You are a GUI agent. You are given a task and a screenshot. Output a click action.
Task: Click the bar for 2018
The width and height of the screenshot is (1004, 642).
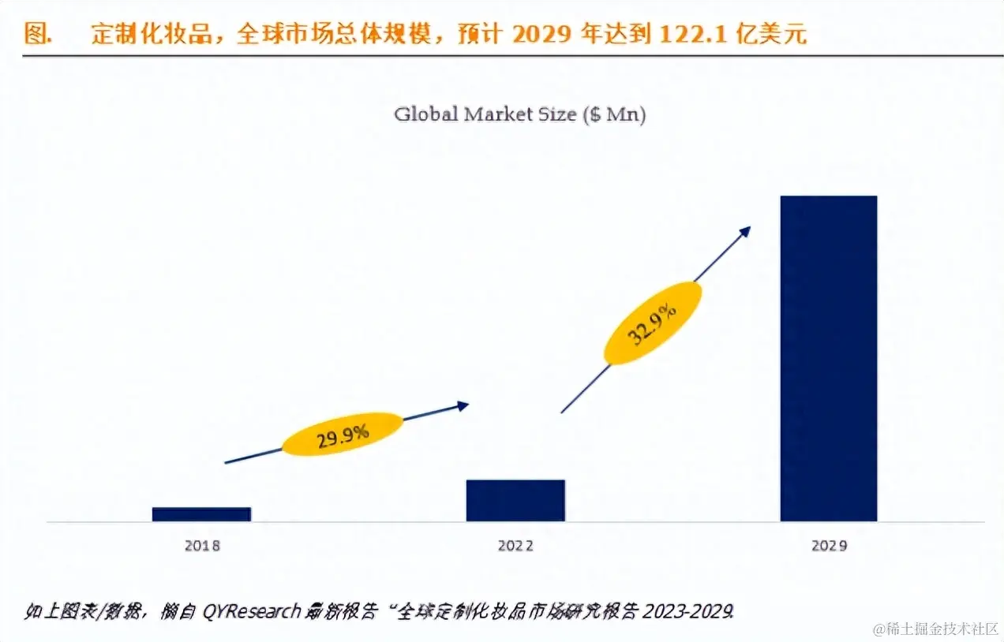pyautogui.click(x=201, y=514)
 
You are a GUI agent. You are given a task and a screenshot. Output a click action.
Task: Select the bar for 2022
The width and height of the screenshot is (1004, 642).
pyautogui.click(x=515, y=500)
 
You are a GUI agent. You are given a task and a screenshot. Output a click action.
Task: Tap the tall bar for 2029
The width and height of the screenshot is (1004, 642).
pyautogui.click(x=829, y=358)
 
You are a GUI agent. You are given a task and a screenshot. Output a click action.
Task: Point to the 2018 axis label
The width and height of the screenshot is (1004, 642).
pyautogui.click(x=201, y=546)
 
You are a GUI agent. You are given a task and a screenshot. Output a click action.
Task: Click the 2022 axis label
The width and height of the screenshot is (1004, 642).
pyautogui.click(x=515, y=546)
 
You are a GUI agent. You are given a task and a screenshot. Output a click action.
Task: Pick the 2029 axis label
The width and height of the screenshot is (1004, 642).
pyautogui.click(x=829, y=546)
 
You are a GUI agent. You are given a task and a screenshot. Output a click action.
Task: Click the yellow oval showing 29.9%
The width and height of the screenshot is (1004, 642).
pyautogui.click(x=343, y=435)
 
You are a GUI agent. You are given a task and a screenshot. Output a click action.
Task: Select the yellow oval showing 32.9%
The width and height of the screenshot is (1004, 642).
pyautogui.click(x=653, y=323)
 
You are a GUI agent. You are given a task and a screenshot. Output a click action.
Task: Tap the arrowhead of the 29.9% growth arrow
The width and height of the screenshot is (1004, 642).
pyautogui.click(x=463, y=405)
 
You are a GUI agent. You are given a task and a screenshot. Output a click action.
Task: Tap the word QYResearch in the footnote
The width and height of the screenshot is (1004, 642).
pyautogui.click(x=251, y=611)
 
